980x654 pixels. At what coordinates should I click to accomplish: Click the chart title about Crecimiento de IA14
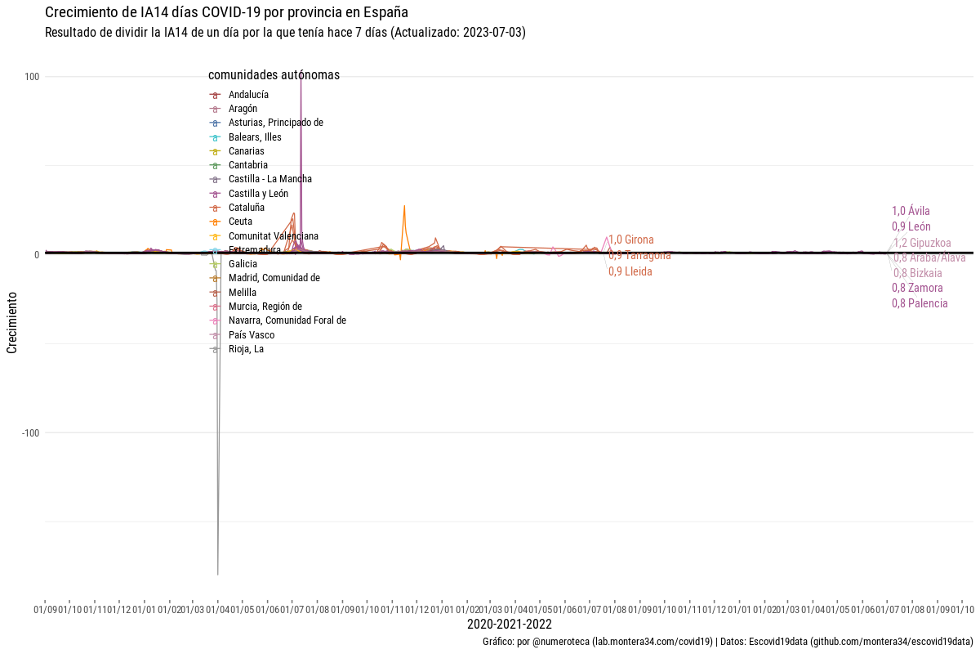(227, 13)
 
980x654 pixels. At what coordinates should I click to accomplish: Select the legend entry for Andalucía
(248, 95)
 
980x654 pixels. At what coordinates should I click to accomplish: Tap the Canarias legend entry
(246, 151)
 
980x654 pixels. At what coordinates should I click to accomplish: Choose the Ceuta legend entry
(240, 222)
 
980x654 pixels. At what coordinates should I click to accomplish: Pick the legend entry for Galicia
(243, 264)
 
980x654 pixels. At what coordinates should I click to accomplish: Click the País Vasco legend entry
(251, 335)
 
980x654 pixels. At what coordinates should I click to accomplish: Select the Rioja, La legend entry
(246, 349)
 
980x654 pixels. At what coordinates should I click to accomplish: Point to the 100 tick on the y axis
(33, 77)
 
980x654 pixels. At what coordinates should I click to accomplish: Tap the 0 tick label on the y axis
(37, 255)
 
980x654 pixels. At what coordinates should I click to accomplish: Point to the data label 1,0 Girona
(631, 240)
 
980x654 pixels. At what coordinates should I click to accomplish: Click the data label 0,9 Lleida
(630, 271)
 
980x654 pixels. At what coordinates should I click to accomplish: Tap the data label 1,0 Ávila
(911, 211)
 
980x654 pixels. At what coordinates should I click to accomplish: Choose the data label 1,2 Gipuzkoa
(922, 243)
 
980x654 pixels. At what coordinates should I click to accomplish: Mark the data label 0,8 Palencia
(920, 303)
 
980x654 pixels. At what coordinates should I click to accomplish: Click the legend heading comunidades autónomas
(274, 75)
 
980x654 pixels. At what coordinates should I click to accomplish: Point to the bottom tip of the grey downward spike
(218, 574)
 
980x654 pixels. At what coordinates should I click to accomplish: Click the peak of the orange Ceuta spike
(403, 206)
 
